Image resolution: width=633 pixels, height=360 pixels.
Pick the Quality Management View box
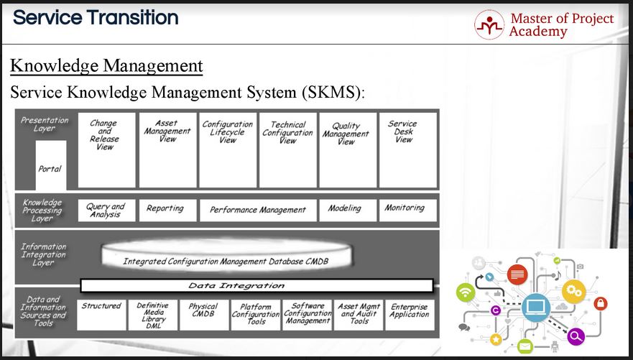coord(346,149)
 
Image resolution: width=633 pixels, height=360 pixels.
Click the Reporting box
coord(165,209)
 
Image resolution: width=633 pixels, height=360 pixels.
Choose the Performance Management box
coord(258,210)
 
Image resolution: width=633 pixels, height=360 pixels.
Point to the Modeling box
coord(344,209)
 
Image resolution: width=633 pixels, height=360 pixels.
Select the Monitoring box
coord(405,209)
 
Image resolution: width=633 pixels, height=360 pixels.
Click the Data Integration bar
coord(257,286)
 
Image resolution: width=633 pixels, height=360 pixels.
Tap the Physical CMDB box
coord(203,315)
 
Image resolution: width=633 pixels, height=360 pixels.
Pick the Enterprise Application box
coord(410,315)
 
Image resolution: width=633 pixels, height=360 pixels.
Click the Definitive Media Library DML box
coord(153,315)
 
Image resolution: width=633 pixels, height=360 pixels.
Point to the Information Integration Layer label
coord(43,254)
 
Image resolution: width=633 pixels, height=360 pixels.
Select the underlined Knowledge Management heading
coord(106,67)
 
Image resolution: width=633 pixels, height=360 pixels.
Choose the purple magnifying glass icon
coord(576,335)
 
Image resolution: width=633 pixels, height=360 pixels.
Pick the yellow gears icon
coord(574,291)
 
